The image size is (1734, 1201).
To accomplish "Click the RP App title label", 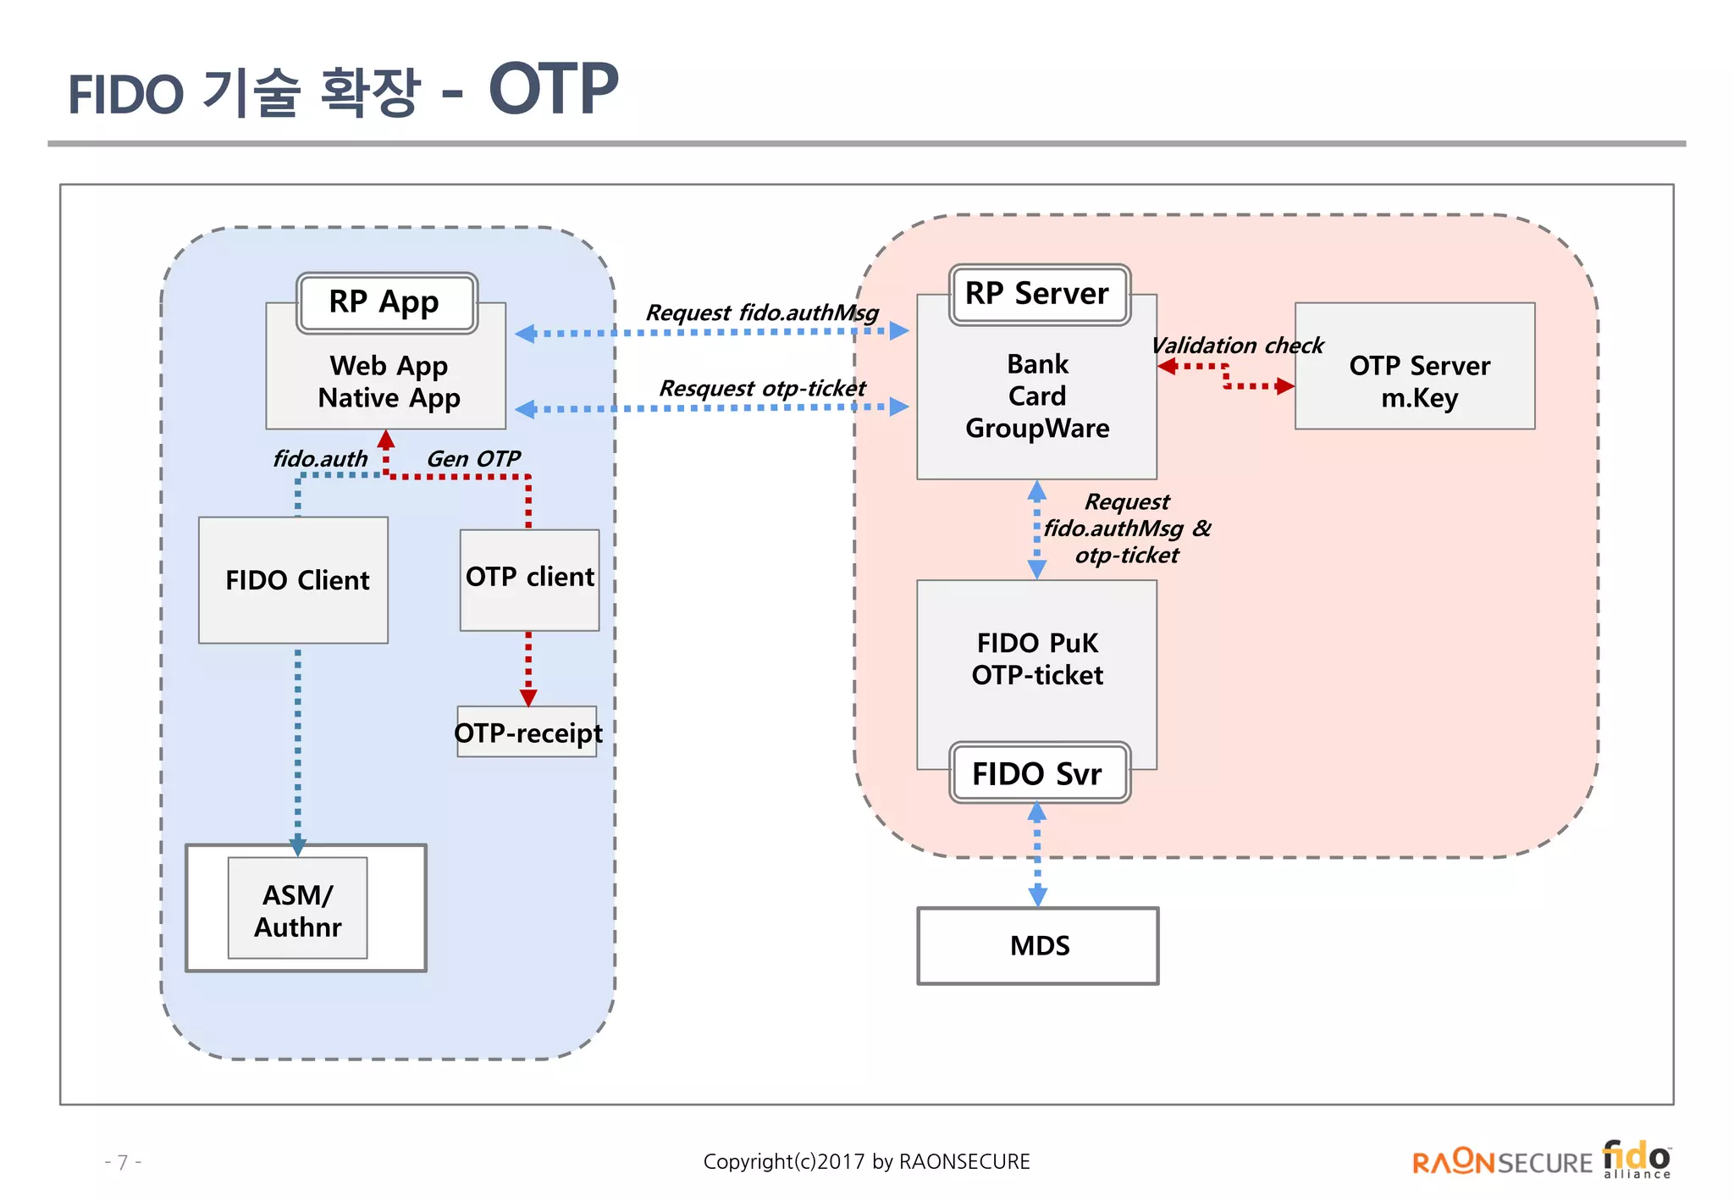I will [386, 302].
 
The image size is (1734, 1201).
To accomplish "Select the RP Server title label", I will [1039, 294].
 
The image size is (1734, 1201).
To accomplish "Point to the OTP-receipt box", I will [527, 732].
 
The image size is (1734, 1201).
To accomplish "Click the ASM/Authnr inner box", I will [297, 909].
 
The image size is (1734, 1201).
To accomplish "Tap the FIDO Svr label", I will [1039, 772].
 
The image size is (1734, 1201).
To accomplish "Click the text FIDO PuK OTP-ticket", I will [1037, 659].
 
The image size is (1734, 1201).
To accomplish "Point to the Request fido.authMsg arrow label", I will [762, 313].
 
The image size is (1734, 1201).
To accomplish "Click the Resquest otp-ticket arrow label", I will [762, 388].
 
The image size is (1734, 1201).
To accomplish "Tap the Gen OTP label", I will [472, 458].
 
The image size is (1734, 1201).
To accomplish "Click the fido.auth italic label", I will [320, 458].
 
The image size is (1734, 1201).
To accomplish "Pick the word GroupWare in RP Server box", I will [1037, 428].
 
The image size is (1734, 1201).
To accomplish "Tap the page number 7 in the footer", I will [123, 1161].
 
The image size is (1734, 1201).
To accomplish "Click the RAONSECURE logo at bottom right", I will [1501, 1162].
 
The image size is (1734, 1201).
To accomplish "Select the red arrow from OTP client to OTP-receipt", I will [528, 668].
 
